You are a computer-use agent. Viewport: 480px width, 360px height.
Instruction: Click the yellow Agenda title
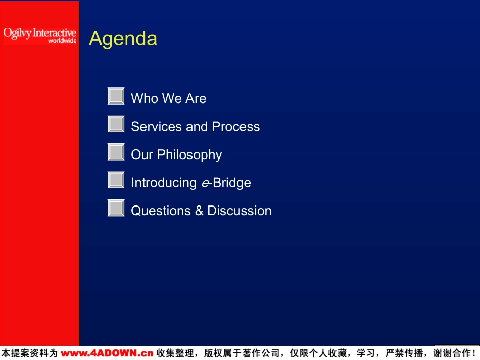[x=123, y=39]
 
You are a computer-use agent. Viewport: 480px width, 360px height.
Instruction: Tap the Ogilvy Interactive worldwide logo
[x=40, y=36]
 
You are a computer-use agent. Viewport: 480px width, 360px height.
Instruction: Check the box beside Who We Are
[x=116, y=96]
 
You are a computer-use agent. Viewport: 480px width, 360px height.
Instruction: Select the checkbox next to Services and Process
[x=116, y=124]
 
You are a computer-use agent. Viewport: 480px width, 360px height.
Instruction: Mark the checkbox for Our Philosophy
[x=116, y=152]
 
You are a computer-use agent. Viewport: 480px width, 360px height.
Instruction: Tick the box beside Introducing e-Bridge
[x=116, y=180]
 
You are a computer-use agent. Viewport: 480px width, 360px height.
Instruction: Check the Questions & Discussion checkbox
[x=116, y=208]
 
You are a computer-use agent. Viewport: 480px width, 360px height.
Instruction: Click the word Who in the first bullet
[x=145, y=98]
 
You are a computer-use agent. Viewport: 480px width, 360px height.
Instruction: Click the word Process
[x=236, y=127]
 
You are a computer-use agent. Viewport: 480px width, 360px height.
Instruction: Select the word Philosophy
[x=189, y=155]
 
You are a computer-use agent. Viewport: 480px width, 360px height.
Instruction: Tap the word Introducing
[x=164, y=183]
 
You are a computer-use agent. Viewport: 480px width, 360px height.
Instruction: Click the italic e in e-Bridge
[x=205, y=183]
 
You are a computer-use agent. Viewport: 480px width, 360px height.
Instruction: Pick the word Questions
[x=161, y=211]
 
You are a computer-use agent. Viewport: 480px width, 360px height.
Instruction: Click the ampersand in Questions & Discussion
[x=199, y=211]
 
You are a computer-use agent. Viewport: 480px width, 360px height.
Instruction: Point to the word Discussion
[x=239, y=211]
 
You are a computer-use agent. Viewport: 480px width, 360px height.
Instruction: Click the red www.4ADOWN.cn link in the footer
[x=107, y=353]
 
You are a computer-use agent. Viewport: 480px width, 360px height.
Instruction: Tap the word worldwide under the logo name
[x=63, y=41]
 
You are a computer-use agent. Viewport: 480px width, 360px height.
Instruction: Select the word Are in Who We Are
[x=196, y=98]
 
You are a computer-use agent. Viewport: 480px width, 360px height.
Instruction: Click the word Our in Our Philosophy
[x=142, y=155]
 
